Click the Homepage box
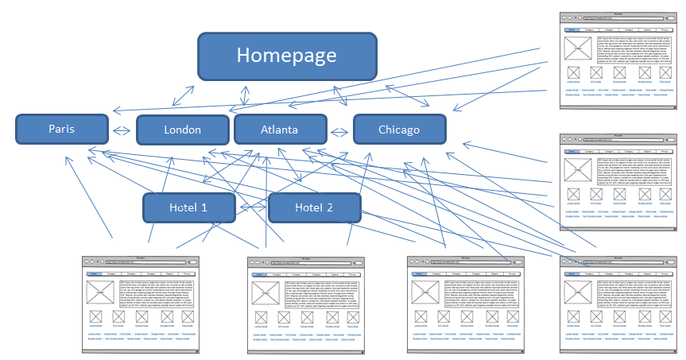287,56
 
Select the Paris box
62,129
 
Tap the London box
183,130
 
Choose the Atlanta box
280,130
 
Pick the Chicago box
399,130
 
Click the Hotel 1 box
188,207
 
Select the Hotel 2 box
313,207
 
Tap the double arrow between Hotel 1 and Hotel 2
253,208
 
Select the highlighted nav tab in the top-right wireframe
572,29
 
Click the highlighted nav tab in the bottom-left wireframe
94,273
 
